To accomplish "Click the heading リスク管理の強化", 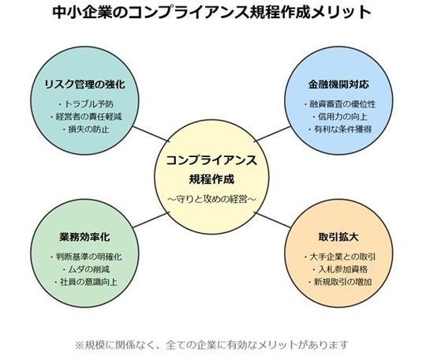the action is click(x=84, y=84).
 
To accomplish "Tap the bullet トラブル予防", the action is click(x=85, y=104).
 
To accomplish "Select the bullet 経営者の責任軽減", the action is click(x=85, y=117).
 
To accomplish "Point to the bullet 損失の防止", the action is click(x=85, y=129).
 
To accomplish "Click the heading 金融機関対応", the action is click(x=338, y=84).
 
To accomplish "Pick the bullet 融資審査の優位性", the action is click(x=339, y=104).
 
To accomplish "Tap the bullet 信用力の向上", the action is click(x=339, y=117).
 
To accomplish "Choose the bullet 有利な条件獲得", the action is click(x=339, y=129).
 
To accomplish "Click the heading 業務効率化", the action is click(x=84, y=237).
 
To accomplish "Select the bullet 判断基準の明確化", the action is click(x=85, y=257).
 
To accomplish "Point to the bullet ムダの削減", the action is click(x=85, y=269).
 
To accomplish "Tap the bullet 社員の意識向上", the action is click(x=85, y=282).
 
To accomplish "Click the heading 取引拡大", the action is click(x=338, y=237).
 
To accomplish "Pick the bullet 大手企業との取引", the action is click(x=339, y=257).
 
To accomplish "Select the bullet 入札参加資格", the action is click(x=339, y=269).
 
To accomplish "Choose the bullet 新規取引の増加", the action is click(x=339, y=282).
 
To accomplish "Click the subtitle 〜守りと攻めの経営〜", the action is click(x=211, y=199).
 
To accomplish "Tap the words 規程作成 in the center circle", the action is click(x=211, y=179).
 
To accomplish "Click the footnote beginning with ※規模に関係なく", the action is click(x=211, y=345).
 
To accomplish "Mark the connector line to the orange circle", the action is click(x=274, y=220).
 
